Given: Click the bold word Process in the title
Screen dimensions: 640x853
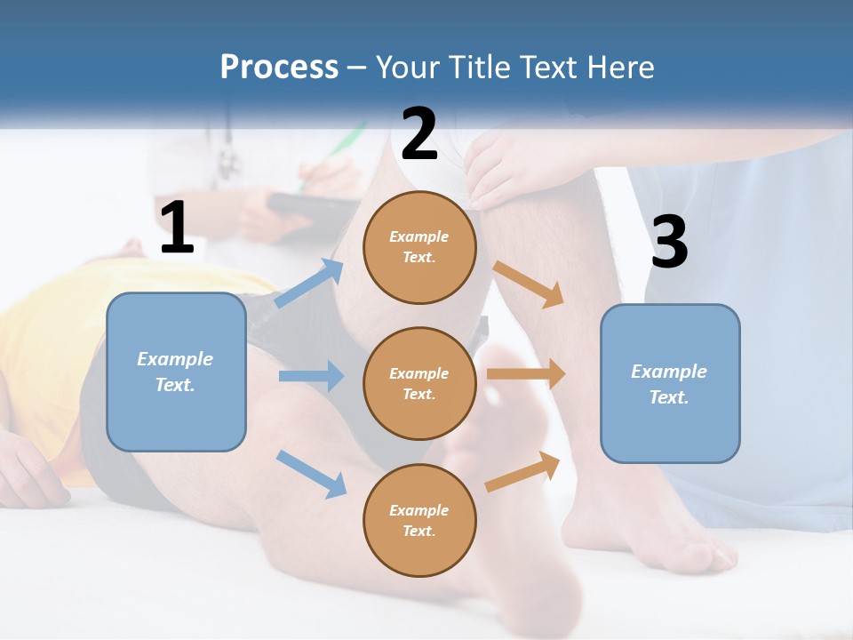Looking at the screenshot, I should click(x=279, y=68).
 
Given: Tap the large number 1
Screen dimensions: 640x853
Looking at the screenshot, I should click(x=177, y=228).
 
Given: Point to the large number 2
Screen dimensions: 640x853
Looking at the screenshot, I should click(x=419, y=133).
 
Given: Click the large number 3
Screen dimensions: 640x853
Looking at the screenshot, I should click(x=669, y=242).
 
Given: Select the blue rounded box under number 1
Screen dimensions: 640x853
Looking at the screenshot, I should click(x=176, y=372).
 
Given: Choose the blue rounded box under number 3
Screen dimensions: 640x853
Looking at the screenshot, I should click(x=670, y=384).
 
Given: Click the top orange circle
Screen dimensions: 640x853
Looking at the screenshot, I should click(x=419, y=247).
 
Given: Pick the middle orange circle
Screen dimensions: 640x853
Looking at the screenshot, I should click(x=419, y=383).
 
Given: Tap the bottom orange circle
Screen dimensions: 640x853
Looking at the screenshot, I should click(x=419, y=520).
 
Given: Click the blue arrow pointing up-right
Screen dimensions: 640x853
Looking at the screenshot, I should click(x=309, y=284).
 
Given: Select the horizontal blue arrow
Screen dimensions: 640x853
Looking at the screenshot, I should click(x=311, y=376).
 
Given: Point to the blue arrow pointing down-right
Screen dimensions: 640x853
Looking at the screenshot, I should click(x=311, y=474).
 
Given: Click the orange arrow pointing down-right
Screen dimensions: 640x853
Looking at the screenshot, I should click(x=528, y=284).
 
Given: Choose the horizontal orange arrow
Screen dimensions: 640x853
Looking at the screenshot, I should click(x=526, y=374).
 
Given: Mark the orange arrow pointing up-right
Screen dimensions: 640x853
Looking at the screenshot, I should click(x=522, y=472).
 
